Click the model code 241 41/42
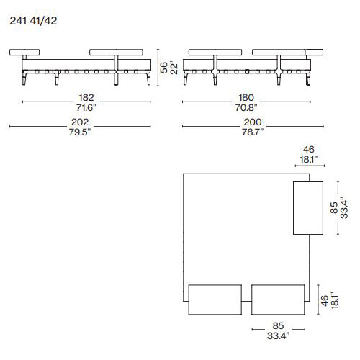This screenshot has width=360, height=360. coord(33,21)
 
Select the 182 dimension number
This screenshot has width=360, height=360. coord(86,97)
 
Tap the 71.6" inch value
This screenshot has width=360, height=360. coord(86,107)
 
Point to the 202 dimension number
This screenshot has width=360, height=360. coord(80,122)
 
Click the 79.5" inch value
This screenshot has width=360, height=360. coord(80,132)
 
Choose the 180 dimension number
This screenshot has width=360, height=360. coord(246,97)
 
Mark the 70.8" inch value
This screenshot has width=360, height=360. coord(246,107)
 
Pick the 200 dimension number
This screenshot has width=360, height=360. coord(253,122)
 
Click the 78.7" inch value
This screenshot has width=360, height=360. coord(253,132)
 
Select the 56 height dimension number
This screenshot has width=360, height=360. coord(163,68)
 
